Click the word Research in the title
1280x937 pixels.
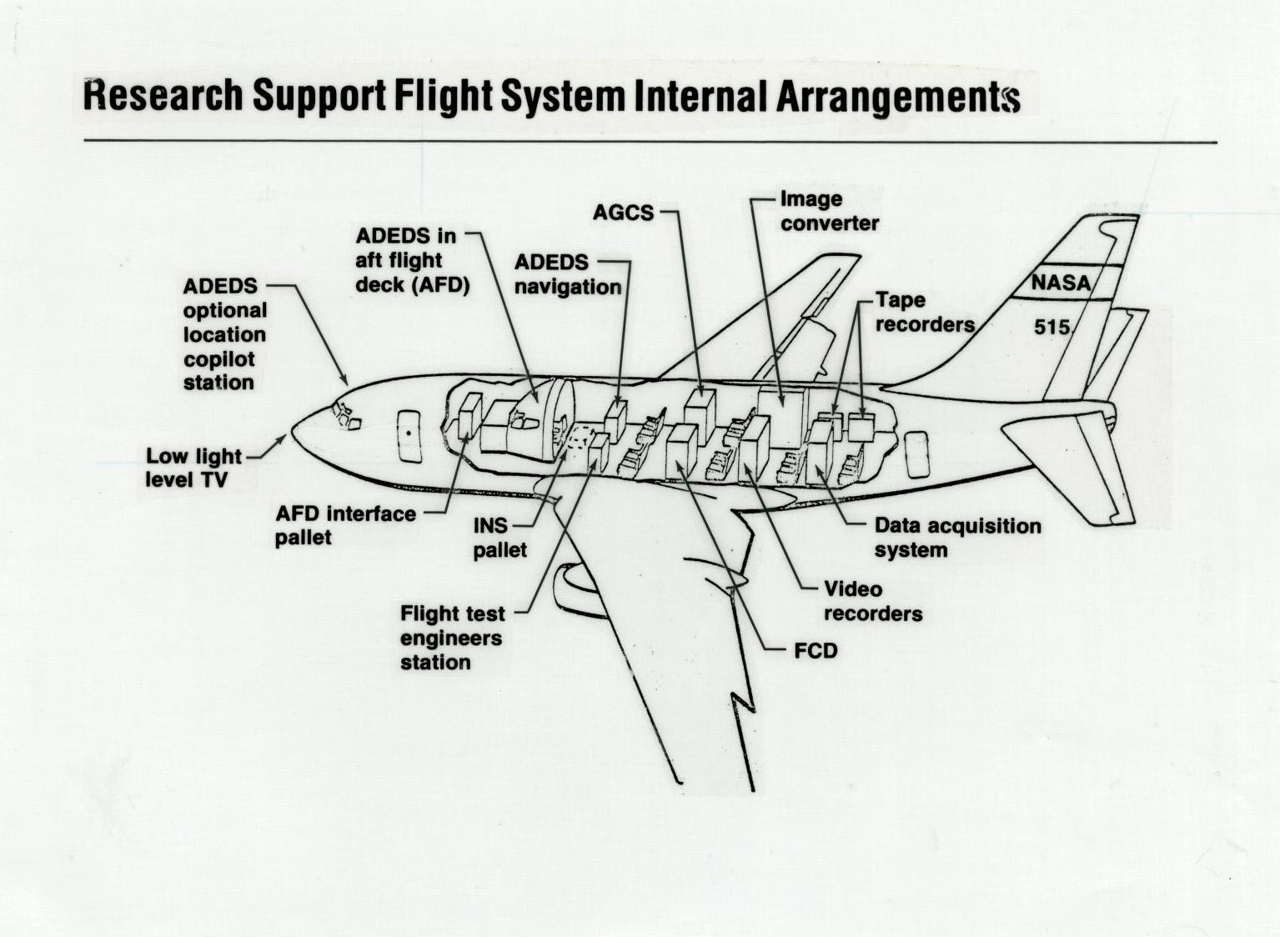point(163,95)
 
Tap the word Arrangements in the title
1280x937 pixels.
point(898,97)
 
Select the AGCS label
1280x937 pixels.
point(623,213)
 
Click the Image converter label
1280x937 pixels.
point(828,211)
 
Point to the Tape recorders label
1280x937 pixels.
point(924,312)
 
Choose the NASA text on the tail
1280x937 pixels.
point(1060,283)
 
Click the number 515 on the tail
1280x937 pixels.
point(1052,327)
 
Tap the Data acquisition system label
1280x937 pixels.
point(956,538)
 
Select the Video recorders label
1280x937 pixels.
point(872,601)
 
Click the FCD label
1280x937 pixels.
point(815,650)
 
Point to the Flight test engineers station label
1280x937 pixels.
point(452,638)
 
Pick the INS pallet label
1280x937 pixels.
point(499,538)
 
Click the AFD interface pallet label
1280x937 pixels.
point(344,525)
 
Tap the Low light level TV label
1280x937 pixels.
point(193,468)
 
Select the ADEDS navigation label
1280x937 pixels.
point(567,274)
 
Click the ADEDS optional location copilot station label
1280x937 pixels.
point(224,334)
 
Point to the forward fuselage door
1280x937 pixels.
point(409,436)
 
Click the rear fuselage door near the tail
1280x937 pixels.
point(917,454)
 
